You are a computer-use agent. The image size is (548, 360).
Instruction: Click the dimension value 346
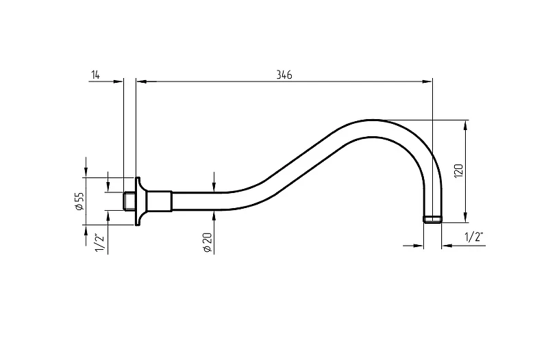click(284, 75)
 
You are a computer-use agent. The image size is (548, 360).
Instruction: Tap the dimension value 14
click(95, 75)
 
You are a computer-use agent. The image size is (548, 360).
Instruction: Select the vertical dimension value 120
click(458, 171)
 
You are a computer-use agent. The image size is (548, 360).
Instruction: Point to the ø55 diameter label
click(79, 201)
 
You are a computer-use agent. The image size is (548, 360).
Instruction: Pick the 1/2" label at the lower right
click(474, 237)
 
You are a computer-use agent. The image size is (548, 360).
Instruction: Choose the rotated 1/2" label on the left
click(99, 242)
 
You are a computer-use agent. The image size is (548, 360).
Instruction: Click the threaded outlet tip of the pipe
click(433, 219)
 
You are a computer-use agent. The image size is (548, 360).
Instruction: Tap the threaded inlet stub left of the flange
click(129, 201)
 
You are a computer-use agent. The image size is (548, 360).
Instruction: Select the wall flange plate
click(140, 201)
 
